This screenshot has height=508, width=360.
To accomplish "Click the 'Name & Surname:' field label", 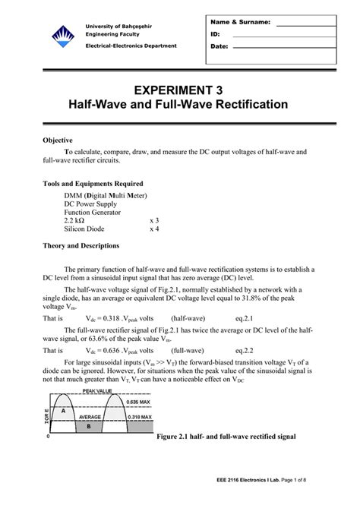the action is [237, 22].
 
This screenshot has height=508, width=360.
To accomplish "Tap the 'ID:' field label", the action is [216, 34].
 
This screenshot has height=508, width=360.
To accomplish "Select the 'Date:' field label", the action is [220, 46].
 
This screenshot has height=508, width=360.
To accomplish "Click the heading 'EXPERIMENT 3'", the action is [179, 90].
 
